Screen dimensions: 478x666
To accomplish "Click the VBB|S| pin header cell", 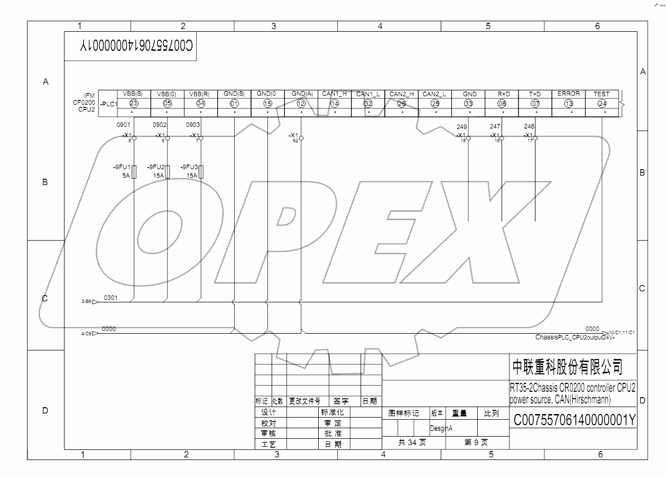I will pos(133,94).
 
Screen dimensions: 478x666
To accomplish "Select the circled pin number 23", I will pos(133,104).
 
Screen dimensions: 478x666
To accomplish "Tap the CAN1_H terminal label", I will pos(335,94).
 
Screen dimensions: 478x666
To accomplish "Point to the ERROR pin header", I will pos(568,94).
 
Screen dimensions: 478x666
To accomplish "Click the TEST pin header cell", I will pos(602,94).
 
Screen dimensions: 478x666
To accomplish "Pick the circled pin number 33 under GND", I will pos(468,104).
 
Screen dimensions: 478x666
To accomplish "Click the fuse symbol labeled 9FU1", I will pos(134,172).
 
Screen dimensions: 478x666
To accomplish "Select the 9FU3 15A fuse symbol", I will pos(201,172).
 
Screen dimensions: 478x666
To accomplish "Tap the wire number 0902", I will pos(160,125).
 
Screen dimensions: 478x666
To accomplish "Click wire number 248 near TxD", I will pos(529,126).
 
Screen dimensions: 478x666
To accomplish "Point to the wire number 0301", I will pos(110,298).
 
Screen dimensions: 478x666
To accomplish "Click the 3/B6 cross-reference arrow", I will pos(96,301).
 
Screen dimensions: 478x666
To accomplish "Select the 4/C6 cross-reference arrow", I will pos(96,334).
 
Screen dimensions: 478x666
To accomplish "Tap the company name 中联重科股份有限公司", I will pos(567,366).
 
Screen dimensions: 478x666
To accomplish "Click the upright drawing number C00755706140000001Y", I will pos(574,420).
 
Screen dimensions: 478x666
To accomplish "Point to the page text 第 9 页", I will pos(476,443).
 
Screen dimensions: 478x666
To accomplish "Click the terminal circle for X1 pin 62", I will pos(301,137).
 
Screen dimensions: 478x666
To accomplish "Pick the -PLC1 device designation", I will pos(108,104).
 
